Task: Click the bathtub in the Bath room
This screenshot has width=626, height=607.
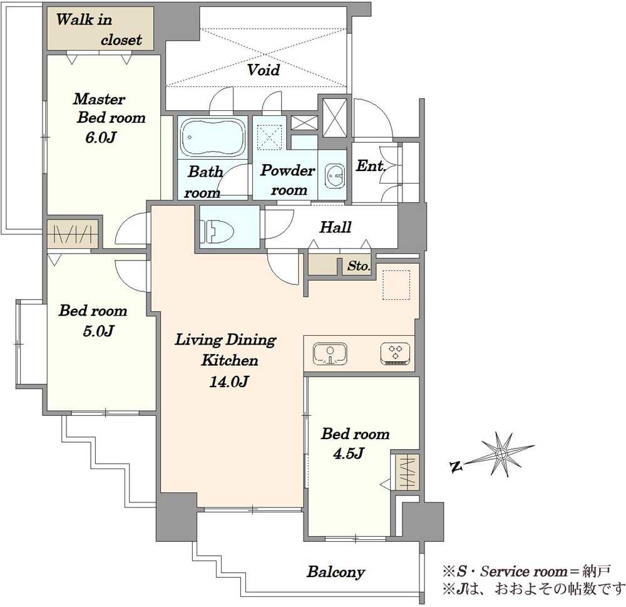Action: coord(213,137)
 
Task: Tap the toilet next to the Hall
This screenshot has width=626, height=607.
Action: coord(216,231)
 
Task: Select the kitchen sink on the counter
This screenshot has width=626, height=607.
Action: coord(330,354)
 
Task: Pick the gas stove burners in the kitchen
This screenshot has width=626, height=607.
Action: coord(396,354)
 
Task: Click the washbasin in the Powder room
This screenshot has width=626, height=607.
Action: coord(335,175)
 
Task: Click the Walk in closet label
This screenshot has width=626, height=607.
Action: coord(99,29)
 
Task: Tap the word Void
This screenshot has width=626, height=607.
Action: coord(264,70)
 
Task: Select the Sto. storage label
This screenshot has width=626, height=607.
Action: coord(359,266)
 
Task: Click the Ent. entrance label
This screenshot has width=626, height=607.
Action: coord(371,165)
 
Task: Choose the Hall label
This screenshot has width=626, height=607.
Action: coord(336,227)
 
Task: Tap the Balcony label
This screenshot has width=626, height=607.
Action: coord(336,572)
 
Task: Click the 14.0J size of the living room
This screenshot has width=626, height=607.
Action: coord(229,381)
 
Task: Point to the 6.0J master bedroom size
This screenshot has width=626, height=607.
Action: coord(100,137)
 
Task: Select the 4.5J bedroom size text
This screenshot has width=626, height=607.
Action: coord(349,453)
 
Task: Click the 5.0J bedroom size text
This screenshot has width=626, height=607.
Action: coord(99,331)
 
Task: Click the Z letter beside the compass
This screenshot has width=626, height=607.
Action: coord(456,466)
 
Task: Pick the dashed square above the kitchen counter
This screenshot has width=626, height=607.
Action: coord(396,285)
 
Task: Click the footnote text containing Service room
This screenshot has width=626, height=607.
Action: coord(526,571)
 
